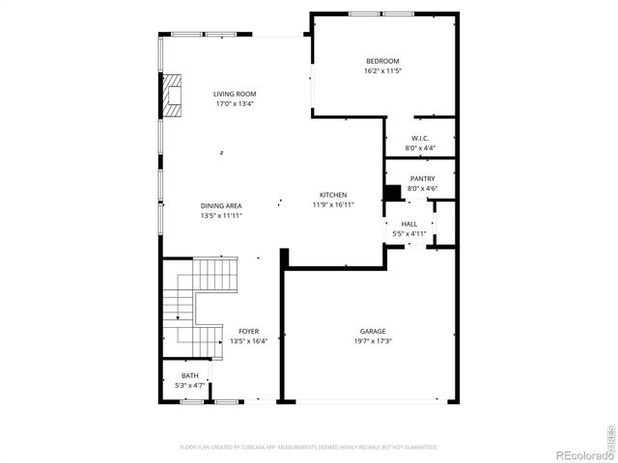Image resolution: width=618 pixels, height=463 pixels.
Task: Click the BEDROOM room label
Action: [381, 61]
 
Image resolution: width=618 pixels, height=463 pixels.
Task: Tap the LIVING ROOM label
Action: [235, 94]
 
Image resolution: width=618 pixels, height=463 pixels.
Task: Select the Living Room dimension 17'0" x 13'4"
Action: [235, 104]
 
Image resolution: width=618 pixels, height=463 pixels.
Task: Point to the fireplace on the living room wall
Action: [172, 95]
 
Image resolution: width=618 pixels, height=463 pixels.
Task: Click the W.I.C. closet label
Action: [420, 138]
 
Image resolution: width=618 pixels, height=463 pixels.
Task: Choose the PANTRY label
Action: [422, 178]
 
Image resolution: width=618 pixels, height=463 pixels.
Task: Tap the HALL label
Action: [409, 223]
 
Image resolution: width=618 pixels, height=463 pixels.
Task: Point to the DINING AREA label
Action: [221, 205]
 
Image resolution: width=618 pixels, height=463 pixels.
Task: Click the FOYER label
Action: [248, 331]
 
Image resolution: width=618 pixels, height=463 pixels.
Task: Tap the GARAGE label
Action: [373, 331]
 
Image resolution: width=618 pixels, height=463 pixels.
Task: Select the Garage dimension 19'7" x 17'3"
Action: [373, 340]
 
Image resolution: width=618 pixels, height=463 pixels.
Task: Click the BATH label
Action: [189, 376]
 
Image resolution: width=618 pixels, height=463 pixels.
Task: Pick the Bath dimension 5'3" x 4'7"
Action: [189, 386]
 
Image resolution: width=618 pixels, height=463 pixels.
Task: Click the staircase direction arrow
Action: [178, 315]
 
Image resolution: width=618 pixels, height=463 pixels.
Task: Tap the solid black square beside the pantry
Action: [393, 192]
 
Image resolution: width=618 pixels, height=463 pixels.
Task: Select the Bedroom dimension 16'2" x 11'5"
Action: [381, 71]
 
